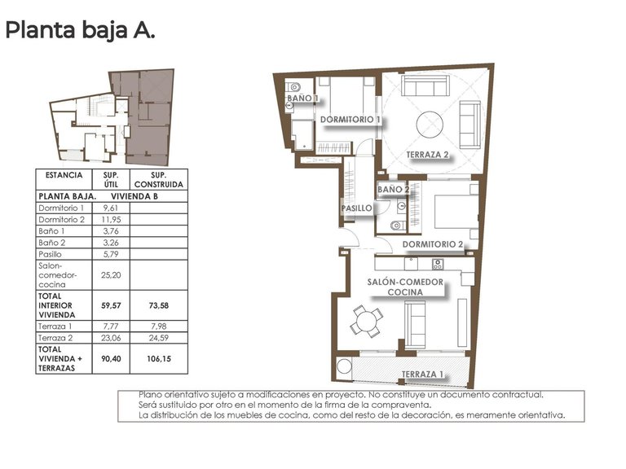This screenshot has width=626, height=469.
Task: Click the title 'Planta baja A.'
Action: [x=80, y=31]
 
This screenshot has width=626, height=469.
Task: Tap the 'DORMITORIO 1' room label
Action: [x=350, y=120]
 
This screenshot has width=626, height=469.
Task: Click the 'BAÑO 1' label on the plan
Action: [x=302, y=99]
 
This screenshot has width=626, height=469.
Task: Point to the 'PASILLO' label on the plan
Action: [x=357, y=208]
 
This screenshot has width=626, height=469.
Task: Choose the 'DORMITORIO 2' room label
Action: [x=432, y=243]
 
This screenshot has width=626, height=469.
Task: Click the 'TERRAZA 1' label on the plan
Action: [x=422, y=375]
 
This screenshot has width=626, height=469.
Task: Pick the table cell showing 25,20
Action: [x=110, y=276]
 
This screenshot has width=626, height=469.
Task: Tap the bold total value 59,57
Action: [x=110, y=305]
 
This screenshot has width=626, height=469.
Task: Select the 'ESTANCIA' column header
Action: [x=64, y=175]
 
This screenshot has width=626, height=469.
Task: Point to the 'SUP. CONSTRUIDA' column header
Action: [x=160, y=179]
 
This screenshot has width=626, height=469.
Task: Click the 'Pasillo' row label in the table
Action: [x=51, y=255]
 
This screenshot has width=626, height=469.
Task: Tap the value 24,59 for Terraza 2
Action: [x=160, y=337]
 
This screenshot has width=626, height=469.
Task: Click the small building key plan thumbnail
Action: [x=112, y=116]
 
